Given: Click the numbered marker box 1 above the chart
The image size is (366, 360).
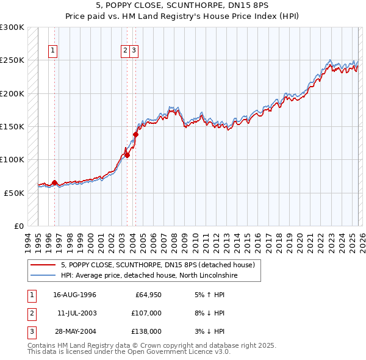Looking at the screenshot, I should (54, 51).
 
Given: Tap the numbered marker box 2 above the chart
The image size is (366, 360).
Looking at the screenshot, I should (125, 51).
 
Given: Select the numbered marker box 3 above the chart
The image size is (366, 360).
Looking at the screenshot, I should (134, 51).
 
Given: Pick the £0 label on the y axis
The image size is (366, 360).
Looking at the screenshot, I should (19, 226).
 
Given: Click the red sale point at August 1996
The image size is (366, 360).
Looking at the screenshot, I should (54, 182).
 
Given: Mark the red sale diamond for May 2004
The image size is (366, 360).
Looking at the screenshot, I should (135, 134).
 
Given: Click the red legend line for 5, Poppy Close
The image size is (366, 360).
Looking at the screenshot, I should (43, 265).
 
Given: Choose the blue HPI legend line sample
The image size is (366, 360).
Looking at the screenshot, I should (43, 276).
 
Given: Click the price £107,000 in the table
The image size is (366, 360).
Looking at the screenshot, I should (146, 313).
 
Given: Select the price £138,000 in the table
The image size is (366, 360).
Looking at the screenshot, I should (146, 331).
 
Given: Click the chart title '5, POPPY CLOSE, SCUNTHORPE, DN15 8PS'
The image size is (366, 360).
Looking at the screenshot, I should (183, 5).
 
